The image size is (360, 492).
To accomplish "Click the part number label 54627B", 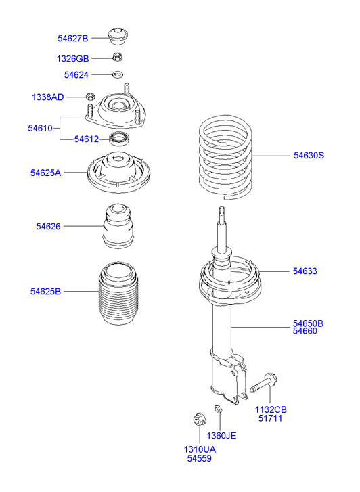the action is [73, 39].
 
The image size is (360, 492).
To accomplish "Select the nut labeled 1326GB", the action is [117, 57].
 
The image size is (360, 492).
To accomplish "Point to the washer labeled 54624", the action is [118, 74].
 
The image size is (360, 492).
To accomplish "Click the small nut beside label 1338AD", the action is [91, 96].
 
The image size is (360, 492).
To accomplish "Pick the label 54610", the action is [40, 128].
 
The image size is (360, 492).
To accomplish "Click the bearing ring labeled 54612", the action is [120, 138].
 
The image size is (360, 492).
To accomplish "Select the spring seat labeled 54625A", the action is [118, 172].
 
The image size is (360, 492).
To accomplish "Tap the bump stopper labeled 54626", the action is [118, 226].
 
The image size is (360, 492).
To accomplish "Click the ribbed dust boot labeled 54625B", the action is [118, 294].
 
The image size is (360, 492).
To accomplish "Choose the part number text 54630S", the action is [309, 156].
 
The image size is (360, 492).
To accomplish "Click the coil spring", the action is [225, 157].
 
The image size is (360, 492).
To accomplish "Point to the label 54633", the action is [305, 271].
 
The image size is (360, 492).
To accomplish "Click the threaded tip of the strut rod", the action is [221, 210].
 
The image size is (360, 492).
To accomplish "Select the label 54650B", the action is [308, 323].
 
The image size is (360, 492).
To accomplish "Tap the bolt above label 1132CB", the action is [264, 384].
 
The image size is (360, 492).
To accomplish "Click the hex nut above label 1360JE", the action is [219, 409].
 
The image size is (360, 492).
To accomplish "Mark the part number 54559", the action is [200, 458].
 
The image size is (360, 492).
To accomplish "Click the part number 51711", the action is [270, 418].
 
